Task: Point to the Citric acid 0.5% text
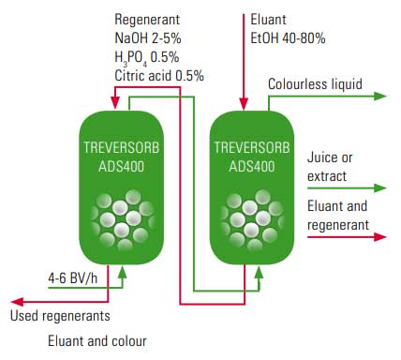tap(159, 76)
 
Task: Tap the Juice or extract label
tap(327, 165)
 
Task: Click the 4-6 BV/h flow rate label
tap(71, 277)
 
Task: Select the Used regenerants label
tap(60, 315)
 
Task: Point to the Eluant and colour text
tap(97, 340)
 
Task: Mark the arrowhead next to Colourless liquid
tap(379, 97)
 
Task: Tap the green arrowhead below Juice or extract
tap(379, 188)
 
